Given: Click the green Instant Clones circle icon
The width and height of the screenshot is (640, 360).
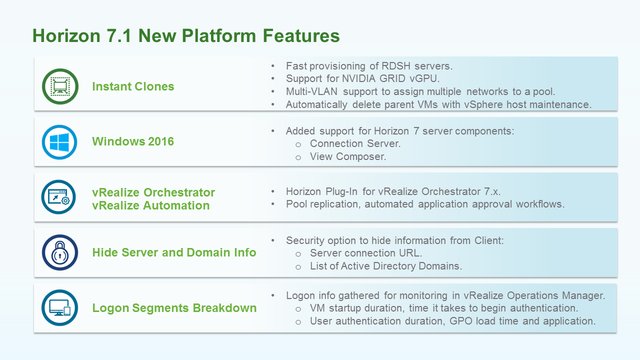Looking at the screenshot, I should click(60, 87).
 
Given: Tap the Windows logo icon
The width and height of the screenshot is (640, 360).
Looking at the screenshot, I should click(60, 142).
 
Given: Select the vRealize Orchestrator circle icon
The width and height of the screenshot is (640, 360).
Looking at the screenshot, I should click(60, 197).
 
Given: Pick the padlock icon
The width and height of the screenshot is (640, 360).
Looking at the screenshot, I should click(60, 252).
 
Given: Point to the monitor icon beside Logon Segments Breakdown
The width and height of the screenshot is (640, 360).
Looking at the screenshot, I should click(60, 307).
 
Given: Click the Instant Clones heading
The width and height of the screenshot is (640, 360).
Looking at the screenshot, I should click(133, 87).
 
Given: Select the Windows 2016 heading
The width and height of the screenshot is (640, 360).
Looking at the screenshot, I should click(133, 142).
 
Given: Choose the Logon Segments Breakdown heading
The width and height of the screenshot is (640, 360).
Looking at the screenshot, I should click(174, 307).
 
